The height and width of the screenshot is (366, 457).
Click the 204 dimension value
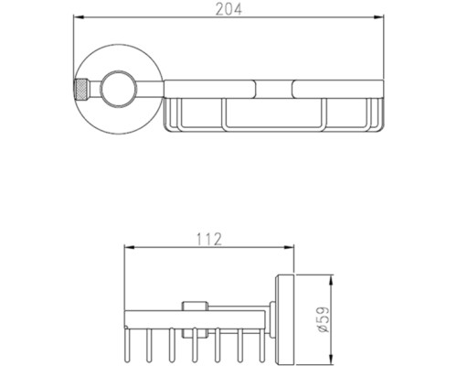228,9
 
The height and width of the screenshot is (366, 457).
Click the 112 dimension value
208,239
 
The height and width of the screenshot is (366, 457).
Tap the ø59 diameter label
324,319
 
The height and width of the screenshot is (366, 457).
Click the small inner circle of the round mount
118,89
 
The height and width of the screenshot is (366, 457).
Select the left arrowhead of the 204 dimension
79,17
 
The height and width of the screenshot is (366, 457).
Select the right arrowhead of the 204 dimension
378,17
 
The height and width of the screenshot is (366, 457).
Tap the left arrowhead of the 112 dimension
130,248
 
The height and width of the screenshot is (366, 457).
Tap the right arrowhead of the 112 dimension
288,248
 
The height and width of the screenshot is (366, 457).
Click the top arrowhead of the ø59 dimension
332,280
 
